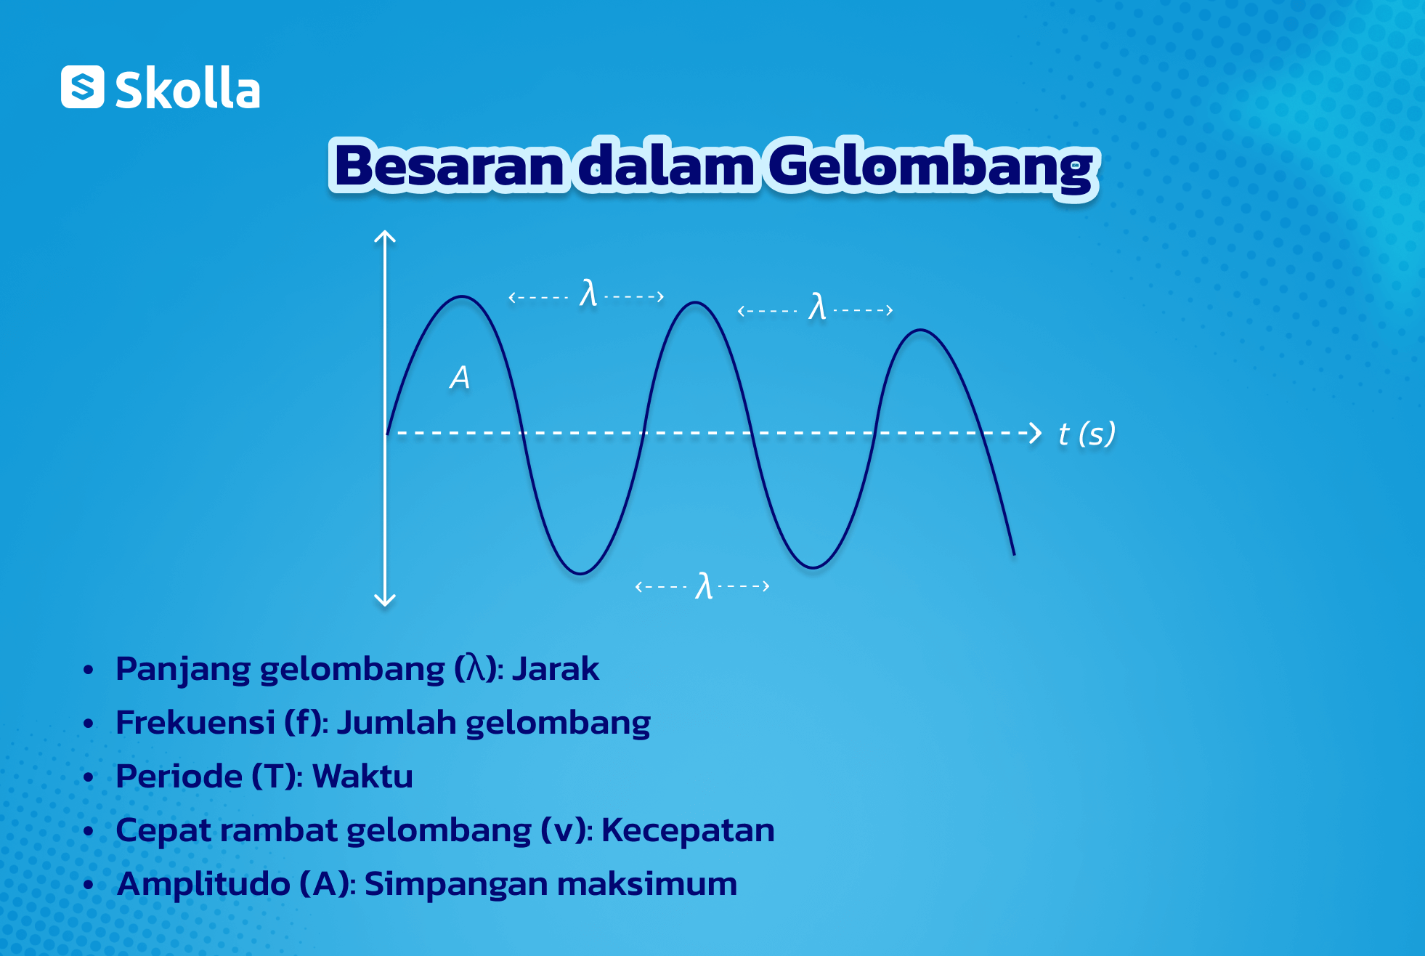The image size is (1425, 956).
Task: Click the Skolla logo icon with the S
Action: [82, 87]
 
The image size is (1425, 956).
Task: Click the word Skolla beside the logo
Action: [187, 89]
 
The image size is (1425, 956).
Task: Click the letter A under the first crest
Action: [460, 378]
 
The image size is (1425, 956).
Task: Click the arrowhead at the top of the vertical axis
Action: [385, 236]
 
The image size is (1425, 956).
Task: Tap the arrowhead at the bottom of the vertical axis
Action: [385, 600]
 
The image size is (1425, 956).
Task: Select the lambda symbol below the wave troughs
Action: [704, 586]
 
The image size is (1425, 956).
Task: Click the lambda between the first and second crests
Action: [588, 293]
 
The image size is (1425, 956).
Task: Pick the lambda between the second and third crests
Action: [817, 307]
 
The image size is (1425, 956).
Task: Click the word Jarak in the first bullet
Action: [556, 669]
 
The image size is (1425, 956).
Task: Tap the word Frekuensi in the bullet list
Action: [195, 723]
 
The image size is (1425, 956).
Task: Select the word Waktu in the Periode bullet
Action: [362, 777]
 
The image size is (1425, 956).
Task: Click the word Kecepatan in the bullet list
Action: [688, 830]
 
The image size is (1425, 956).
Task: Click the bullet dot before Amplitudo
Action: [89, 885]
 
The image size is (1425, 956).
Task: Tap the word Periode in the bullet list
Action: [179, 777]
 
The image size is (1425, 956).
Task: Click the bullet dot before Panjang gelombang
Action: [89, 670]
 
